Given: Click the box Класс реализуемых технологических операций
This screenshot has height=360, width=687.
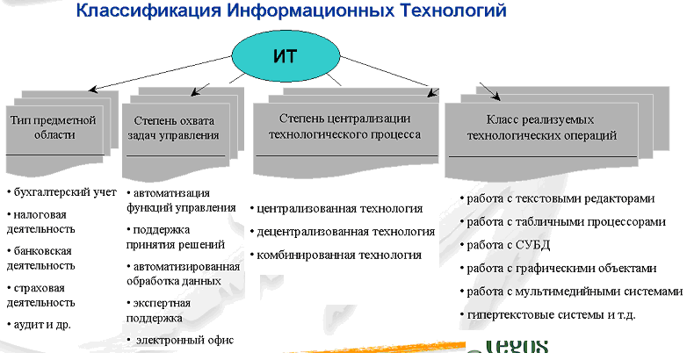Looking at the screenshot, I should coord(540,127).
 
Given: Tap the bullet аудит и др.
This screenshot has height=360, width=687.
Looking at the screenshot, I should coord(45,324).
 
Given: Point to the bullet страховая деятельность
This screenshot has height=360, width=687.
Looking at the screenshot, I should coord(44,295).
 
